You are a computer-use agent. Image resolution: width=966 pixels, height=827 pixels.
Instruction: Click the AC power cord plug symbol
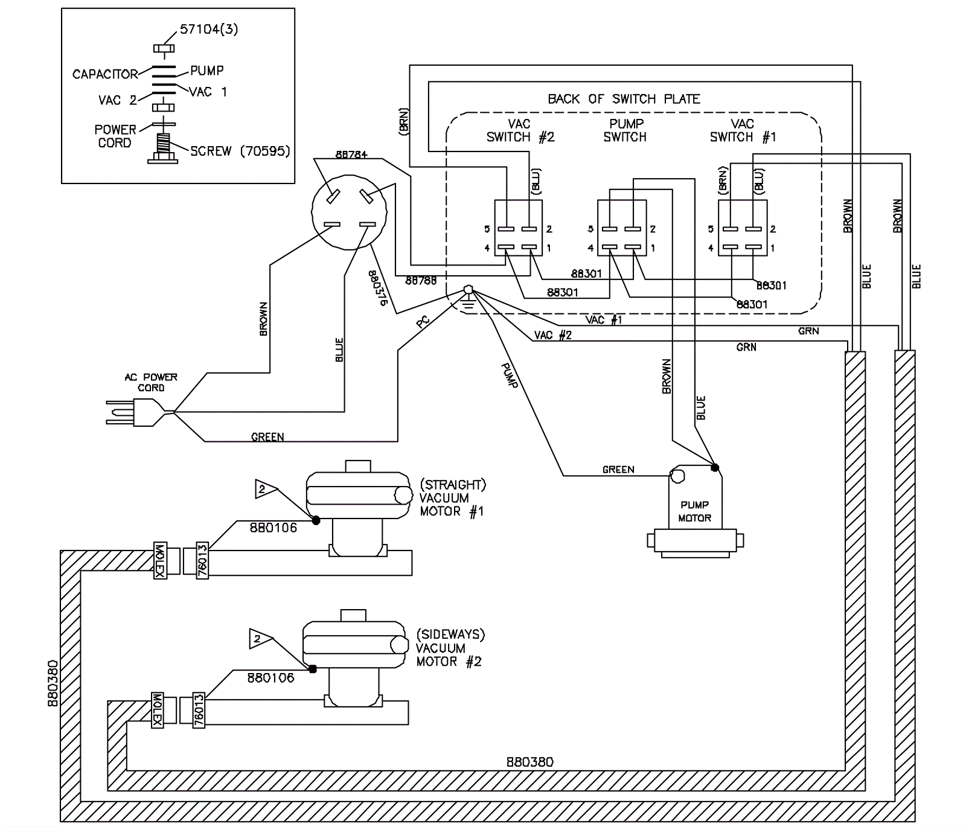[x=136, y=413]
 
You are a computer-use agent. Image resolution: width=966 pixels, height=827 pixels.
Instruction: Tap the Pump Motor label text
[x=694, y=511]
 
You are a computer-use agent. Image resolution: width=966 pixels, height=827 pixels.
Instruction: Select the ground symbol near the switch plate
[x=468, y=297]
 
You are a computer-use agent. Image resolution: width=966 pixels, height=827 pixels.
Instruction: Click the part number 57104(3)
[x=209, y=30]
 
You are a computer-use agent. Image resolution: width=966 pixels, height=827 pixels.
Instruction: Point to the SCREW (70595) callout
[x=240, y=151]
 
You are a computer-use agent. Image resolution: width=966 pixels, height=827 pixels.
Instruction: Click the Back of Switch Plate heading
[x=624, y=99]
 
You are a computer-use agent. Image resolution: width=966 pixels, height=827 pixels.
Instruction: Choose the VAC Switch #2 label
[x=520, y=130]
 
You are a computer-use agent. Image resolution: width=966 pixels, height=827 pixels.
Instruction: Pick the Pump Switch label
[x=625, y=130]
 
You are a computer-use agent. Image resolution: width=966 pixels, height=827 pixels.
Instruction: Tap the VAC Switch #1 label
[x=743, y=130]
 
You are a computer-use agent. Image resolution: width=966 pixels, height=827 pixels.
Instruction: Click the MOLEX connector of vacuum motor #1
[x=160, y=561]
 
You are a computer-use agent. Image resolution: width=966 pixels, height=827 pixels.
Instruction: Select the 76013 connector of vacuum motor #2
[x=199, y=710]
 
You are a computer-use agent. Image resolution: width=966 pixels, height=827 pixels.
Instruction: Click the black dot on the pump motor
[x=715, y=467]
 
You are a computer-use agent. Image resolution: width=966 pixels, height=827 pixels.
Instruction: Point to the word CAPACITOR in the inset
[x=105, y=74]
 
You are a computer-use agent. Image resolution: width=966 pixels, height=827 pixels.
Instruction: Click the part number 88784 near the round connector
[x=351, y=155]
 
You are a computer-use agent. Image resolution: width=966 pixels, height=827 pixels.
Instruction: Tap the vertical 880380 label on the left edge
[x=53, y=683]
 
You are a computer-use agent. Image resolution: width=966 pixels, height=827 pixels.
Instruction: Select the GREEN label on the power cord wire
[x=267, y=437]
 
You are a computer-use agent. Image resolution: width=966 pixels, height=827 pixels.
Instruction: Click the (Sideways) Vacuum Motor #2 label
[x=450, y=648]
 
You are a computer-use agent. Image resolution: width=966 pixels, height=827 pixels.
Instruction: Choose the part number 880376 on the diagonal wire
[x=377, y=288]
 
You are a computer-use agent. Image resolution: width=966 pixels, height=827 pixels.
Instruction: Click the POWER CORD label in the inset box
[x=115, y=136]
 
